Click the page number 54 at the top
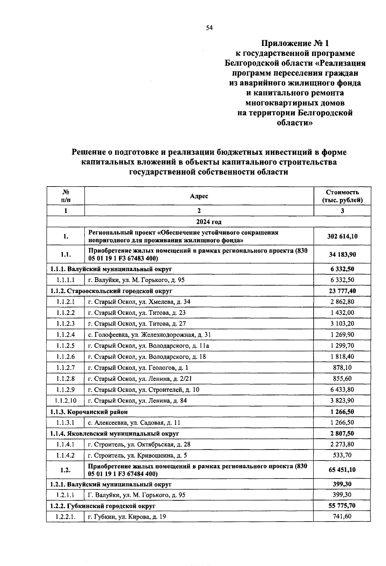click(x=209, y=28)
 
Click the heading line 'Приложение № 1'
click(x=295, y=43)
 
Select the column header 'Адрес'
click(x=199, y=196)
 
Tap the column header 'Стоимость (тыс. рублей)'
click(x=342, y=196)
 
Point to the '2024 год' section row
click(x=208, y=222)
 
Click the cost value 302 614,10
click(x=342, y=236)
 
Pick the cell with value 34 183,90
click(x=342, y=254)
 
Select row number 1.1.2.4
click(x=65, y=335)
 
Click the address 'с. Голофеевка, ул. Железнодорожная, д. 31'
click(x=150, y=335)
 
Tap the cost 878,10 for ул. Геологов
click(x=342, y=368)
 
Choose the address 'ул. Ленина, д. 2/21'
click(x=140, y=379)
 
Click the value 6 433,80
click(x=342, y=390)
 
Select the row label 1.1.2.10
click(x=65, y=401)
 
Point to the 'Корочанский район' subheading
click(x=89, y=412)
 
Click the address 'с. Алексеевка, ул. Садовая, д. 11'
click(x=134, y=423)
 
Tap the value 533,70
click(x=342, y=455)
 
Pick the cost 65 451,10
click(x=342, y=470)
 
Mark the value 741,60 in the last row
click(x=342, y=516)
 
